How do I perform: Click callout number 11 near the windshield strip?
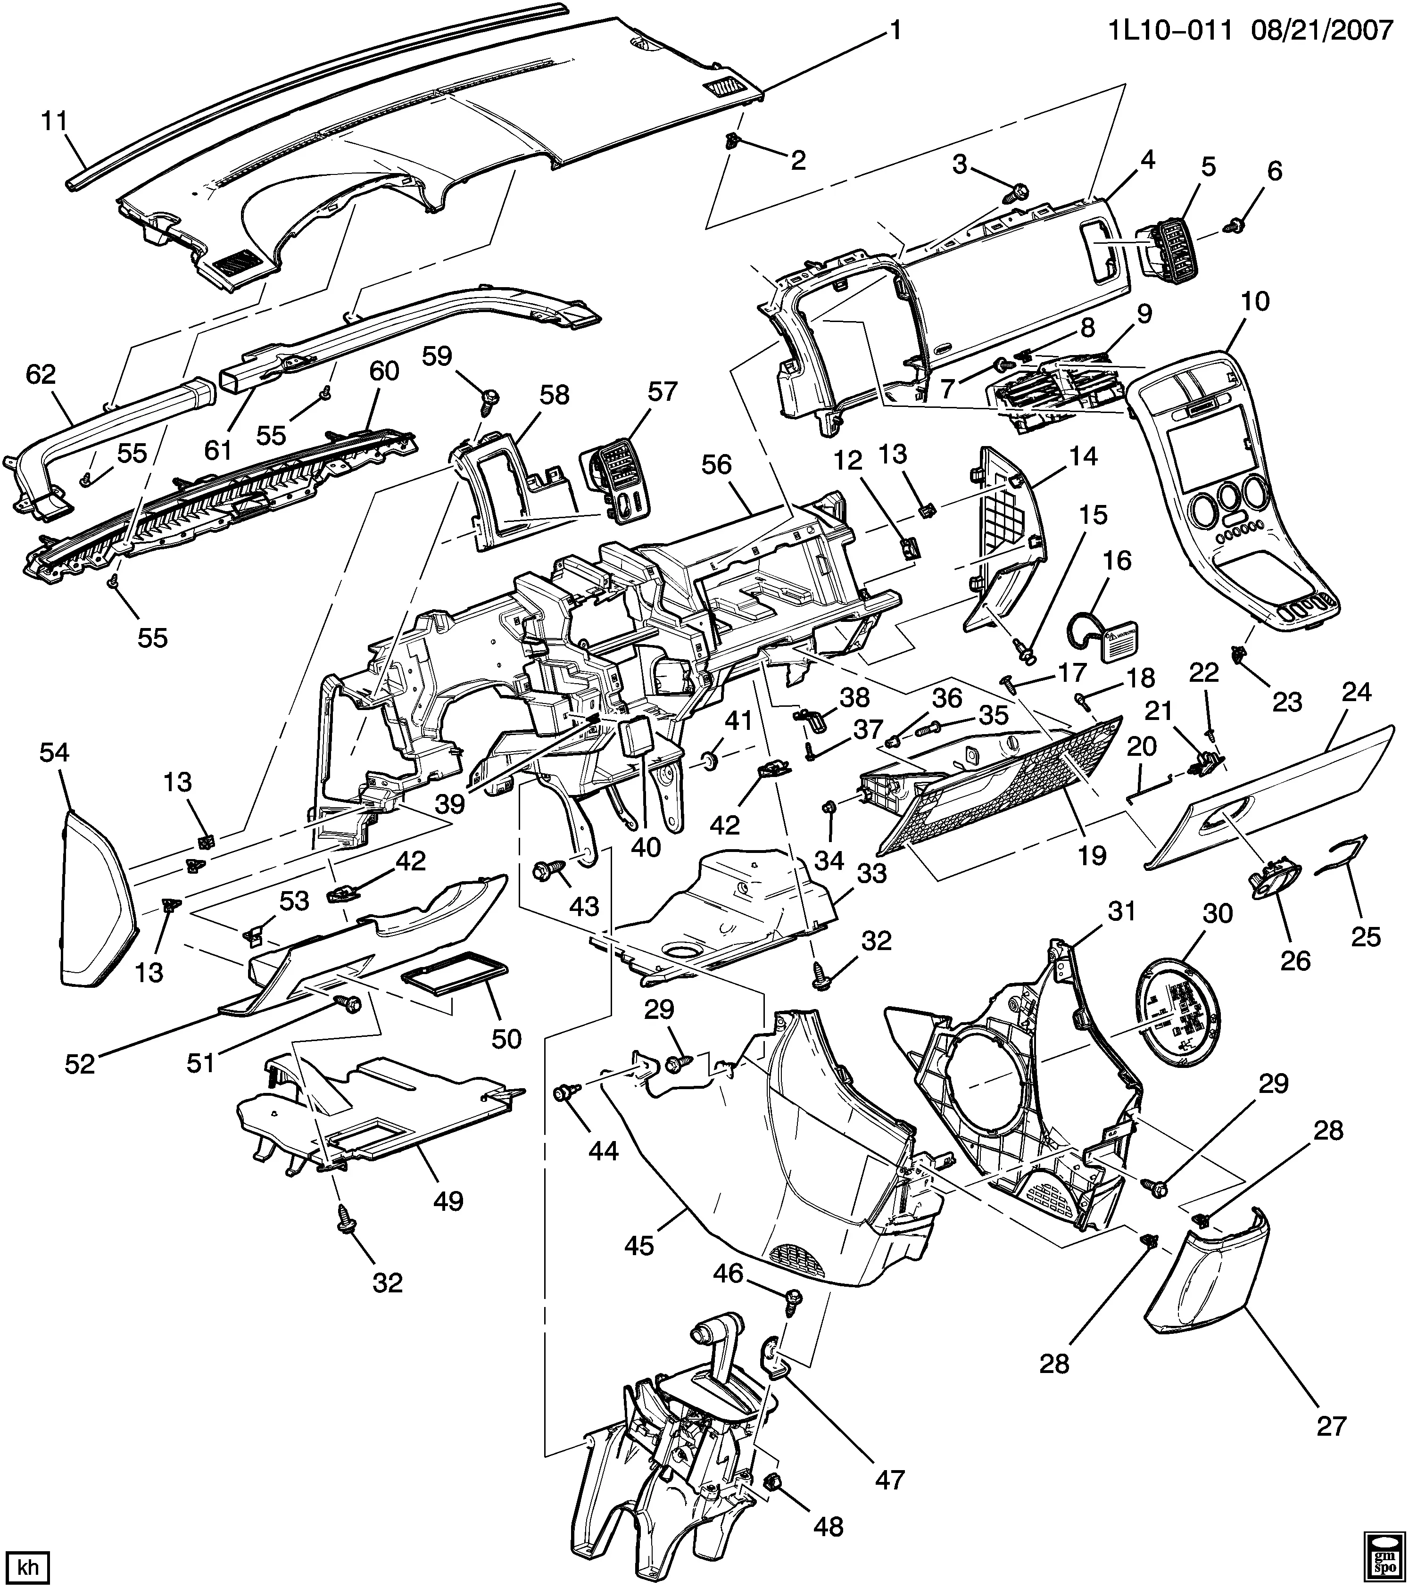click(54, 122)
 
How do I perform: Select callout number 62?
click(41, 375)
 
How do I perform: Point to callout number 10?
click(1255, 301)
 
